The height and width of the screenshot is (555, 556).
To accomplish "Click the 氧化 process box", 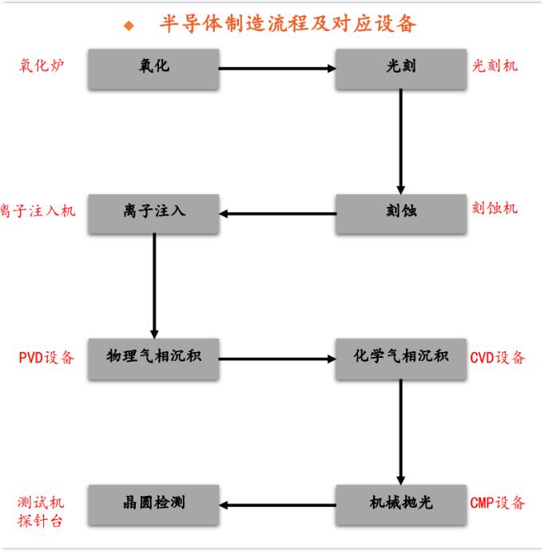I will (153, 69).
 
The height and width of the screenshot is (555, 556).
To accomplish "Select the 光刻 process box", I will (400, 69).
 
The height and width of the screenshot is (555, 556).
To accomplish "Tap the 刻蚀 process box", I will (400, 213).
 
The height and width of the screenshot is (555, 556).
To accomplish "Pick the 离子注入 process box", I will (153, 213).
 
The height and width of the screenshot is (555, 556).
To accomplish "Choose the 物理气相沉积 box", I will (153, 358).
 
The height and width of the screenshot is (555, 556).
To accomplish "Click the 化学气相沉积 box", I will (400, 358).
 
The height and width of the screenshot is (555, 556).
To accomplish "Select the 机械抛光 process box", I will (400, 504).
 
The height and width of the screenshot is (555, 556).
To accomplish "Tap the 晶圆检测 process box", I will (153, 504).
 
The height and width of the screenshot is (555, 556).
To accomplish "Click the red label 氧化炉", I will (41, 65).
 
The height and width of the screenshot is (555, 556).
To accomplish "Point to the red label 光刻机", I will (494, 65).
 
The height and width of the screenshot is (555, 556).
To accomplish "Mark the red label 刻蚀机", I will (494, 209).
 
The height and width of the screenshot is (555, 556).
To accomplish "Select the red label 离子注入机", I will (38, 211).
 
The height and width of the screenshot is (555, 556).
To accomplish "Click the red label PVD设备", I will (46, 358).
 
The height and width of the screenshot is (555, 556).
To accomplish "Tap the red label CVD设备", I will (498, 358).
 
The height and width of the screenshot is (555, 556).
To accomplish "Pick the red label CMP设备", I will (498, 503).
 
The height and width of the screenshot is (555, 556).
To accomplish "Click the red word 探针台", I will (41, 521).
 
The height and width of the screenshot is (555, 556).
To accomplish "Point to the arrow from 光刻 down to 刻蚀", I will (400, 141).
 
